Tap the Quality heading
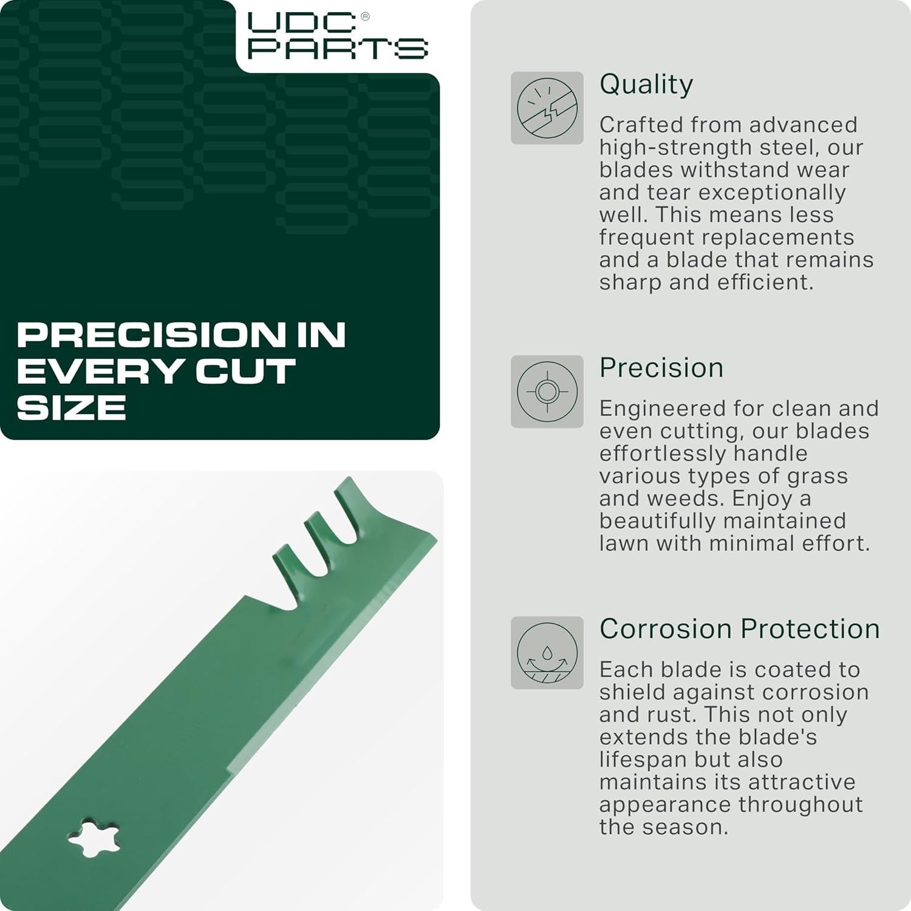[646, 84]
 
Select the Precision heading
[661, 367]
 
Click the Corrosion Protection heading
[740, 629]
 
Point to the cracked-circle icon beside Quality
[547, 108]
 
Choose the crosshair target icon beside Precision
[547, 392]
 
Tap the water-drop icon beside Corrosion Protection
[547, 653]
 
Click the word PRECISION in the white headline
[151, 335]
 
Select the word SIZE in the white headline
[72, 408]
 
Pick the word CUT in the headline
[246, 372]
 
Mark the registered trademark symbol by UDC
[365, 16]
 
